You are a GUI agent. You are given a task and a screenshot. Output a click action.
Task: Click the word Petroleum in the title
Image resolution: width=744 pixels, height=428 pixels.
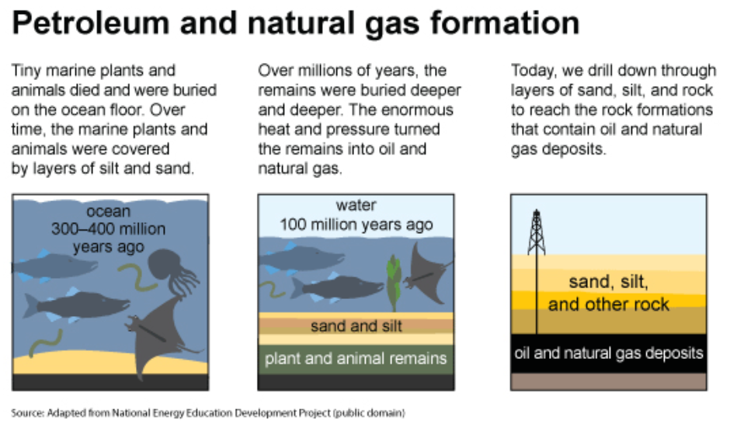click(x=91, y=23)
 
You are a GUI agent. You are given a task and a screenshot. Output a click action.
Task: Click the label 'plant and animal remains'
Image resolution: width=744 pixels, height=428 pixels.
click(x=356, y=358)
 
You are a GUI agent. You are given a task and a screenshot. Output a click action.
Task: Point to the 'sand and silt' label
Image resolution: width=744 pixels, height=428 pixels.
click(x=356, y=326)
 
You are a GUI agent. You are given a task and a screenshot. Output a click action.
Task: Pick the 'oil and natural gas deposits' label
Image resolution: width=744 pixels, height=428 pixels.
click(x=609, y=353)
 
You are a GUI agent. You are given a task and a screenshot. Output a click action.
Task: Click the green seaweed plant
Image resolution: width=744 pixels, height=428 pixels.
click(x=393, y=283)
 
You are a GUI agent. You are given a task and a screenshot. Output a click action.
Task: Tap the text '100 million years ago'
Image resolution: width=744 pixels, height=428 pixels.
click(x=356, y=224)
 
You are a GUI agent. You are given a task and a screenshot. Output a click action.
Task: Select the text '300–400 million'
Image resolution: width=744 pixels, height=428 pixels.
click(x=108, y=229)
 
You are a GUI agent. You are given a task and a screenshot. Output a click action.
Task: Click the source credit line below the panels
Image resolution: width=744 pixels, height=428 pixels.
click(x=208, y=412)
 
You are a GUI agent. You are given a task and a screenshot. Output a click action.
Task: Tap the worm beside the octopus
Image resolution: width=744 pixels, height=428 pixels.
click(x=137, y=277)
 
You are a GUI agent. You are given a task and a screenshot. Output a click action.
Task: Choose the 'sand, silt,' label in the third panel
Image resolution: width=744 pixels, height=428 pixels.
click(x=609, y=282)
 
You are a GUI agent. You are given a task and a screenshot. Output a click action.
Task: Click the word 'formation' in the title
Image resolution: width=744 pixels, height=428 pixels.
click(x=505, y=23)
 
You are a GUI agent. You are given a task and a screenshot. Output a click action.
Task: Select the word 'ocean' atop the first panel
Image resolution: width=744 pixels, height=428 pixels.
click(x=108, y=211)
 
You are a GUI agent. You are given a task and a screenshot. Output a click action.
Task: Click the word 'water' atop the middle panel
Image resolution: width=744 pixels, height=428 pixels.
click(x=356, y=205)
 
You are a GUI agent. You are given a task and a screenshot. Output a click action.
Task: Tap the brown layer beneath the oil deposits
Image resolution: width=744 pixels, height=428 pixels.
click(x=609, y=381)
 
